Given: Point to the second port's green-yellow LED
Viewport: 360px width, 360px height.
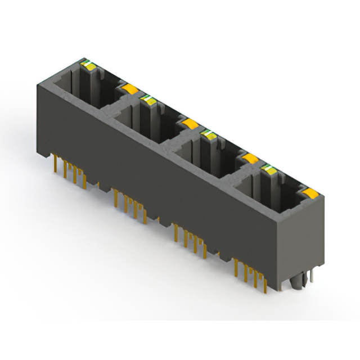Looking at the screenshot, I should (x=148, y=100).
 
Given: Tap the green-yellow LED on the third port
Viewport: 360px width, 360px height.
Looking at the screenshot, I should (x=209, y=133).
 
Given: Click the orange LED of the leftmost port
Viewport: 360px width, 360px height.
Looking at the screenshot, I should (x=129, y=88).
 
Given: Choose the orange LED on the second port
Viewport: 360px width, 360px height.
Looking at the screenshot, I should (x=189, y=123).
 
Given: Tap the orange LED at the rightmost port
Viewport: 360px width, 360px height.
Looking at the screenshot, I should (x=309, y=194).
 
